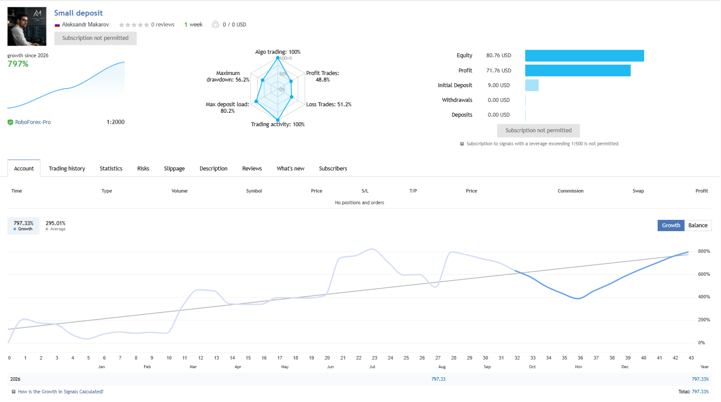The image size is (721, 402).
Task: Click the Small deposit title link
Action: click(78, 13)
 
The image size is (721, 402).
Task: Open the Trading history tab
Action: click(66, 169)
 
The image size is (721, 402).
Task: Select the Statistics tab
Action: click(111, 169)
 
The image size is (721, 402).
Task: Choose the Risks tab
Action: click(143, 169)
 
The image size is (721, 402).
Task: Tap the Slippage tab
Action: click(174, 169)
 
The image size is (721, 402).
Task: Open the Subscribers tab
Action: click(333, 169)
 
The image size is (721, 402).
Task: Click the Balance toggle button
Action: click(698, 226)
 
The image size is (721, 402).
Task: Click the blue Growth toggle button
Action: click(671, 226)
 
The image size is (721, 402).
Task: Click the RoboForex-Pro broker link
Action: click(33, 122)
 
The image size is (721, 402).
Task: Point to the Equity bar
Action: click(585, 56)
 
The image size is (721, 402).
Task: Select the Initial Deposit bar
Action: click(532, 85)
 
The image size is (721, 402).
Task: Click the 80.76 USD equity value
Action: click(499, 56)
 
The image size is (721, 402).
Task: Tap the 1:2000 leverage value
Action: click(115, 122)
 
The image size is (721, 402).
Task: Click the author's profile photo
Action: click(27, 26)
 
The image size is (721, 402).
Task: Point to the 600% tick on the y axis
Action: click(704, 275)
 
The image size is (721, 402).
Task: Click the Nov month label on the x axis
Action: click(579, 366)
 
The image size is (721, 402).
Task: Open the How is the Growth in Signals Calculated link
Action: click(61, 392)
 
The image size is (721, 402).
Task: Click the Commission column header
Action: click(570, 191)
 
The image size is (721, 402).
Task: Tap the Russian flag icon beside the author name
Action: click(57, 25)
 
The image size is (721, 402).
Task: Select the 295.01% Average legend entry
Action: click(56, 226)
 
